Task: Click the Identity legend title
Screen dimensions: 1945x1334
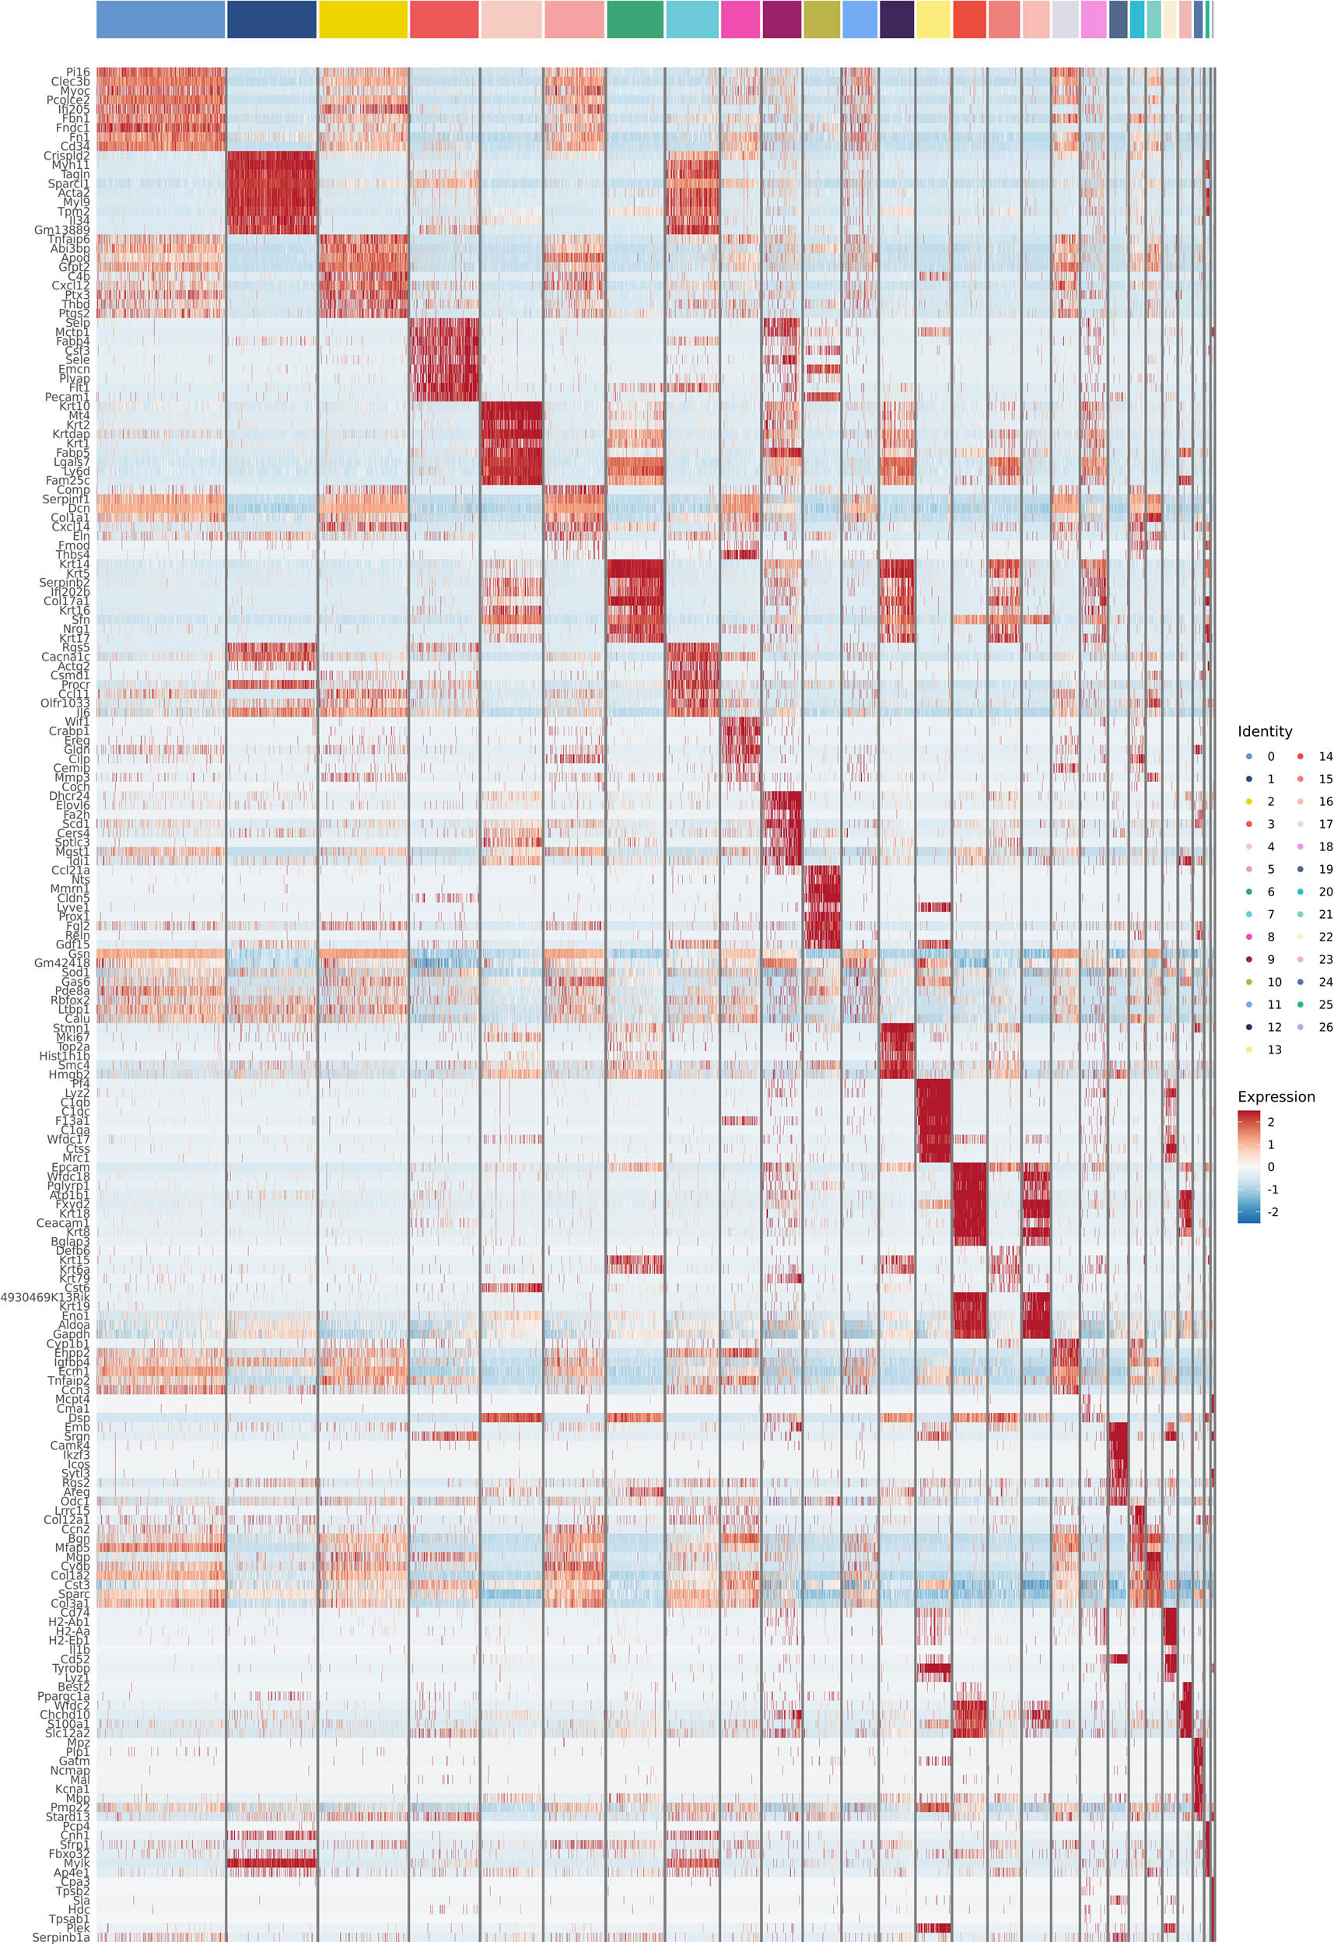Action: (1264, 731)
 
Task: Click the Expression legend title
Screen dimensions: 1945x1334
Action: (1276, 1096)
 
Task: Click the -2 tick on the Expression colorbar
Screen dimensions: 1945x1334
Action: (1272, 1212)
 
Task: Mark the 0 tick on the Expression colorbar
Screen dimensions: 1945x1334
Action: (1270, 1167)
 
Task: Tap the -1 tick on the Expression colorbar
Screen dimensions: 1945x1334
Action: (1272, 1190)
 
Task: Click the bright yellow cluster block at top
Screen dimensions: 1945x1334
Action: (362, 19)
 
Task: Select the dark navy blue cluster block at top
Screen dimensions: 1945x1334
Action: (271, 19)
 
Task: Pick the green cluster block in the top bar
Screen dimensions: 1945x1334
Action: (635, 19)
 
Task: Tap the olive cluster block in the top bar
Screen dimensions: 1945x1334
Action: (821, 19)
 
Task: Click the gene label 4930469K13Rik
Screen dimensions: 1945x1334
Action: (44, 1297)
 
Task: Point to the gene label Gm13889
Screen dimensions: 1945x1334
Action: (61, 230)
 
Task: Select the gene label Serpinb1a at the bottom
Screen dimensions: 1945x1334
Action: (60, 1937)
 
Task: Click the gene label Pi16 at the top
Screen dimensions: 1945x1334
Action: (77, 73)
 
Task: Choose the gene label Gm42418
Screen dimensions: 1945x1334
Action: (61, 963)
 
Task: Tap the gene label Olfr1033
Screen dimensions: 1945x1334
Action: (65, 703)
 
